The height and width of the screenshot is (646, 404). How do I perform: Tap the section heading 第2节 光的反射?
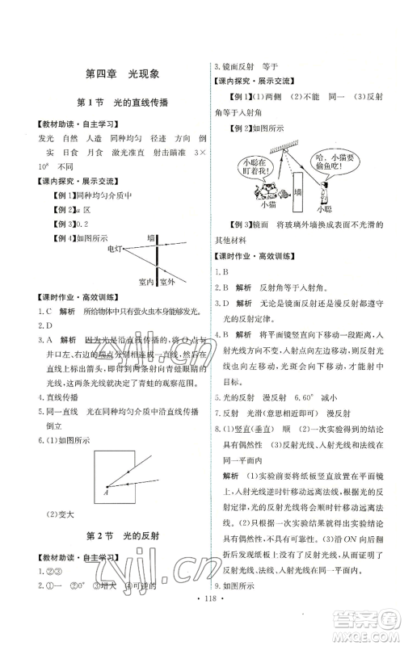click(121, 536)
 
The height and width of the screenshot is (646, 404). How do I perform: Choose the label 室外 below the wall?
click(167, 281)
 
